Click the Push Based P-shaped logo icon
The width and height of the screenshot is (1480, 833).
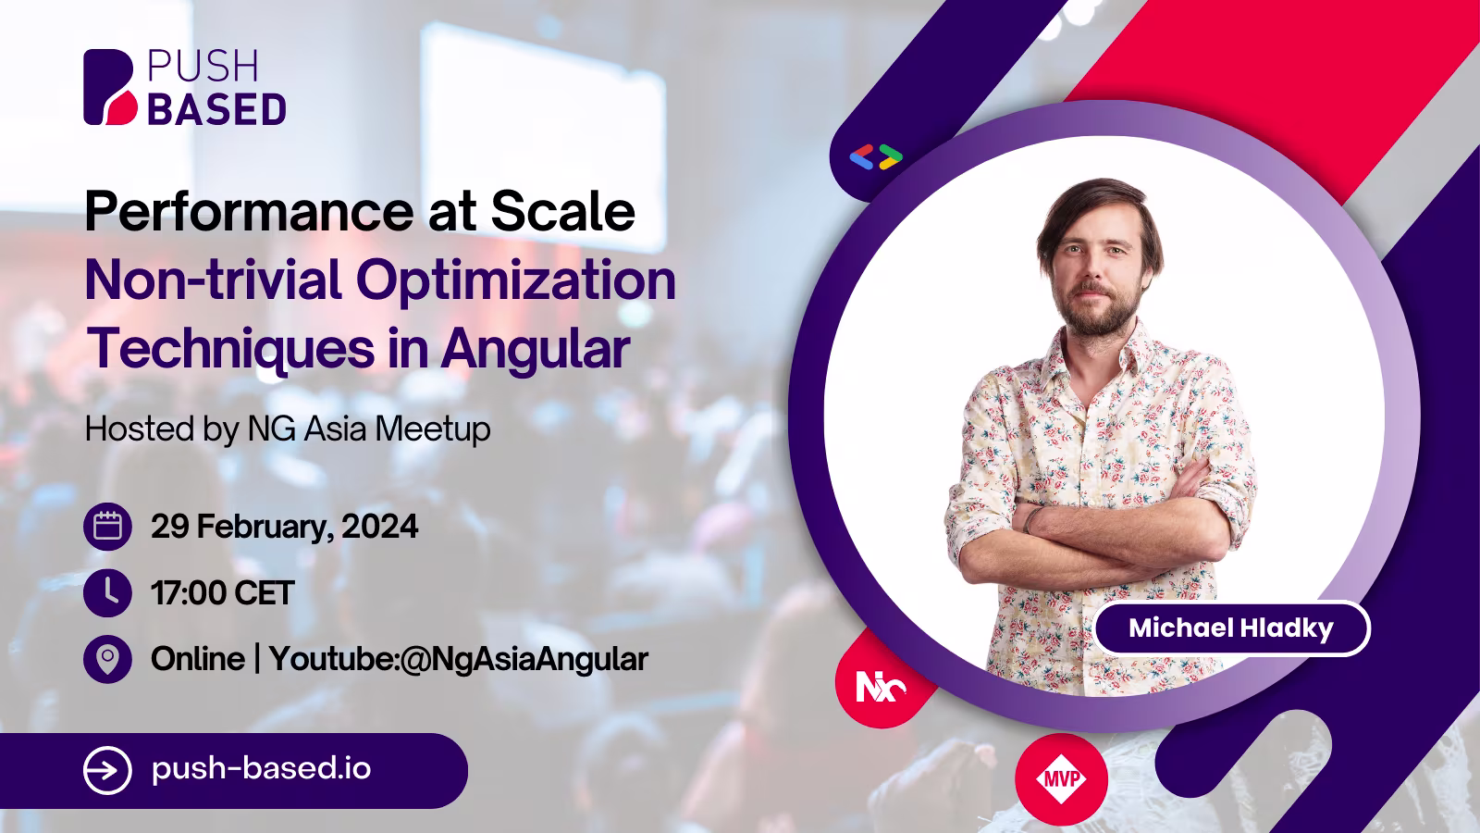point(110,87)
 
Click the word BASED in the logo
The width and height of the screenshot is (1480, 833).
point(216,109)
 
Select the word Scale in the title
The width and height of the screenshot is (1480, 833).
point(563,211)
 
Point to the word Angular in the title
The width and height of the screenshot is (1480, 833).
point(536,351)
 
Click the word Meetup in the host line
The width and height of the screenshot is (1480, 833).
point(433,430)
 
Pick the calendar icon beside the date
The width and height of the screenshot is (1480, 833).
point(107,527)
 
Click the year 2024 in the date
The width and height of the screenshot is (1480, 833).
point(380,527)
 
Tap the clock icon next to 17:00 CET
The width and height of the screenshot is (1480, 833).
point(107,593)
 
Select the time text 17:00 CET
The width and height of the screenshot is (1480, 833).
point(222,593)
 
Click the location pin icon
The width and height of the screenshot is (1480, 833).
point(107,659)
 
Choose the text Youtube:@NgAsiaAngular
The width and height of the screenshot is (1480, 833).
point(459,660)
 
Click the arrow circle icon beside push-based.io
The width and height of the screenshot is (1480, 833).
point(107,770)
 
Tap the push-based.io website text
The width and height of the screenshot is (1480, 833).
point(261,769)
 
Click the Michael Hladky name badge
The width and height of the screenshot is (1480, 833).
point(1231,628)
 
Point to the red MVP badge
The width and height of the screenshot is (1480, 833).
point(1061,778)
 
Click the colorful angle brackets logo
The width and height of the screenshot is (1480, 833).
point(876,157)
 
